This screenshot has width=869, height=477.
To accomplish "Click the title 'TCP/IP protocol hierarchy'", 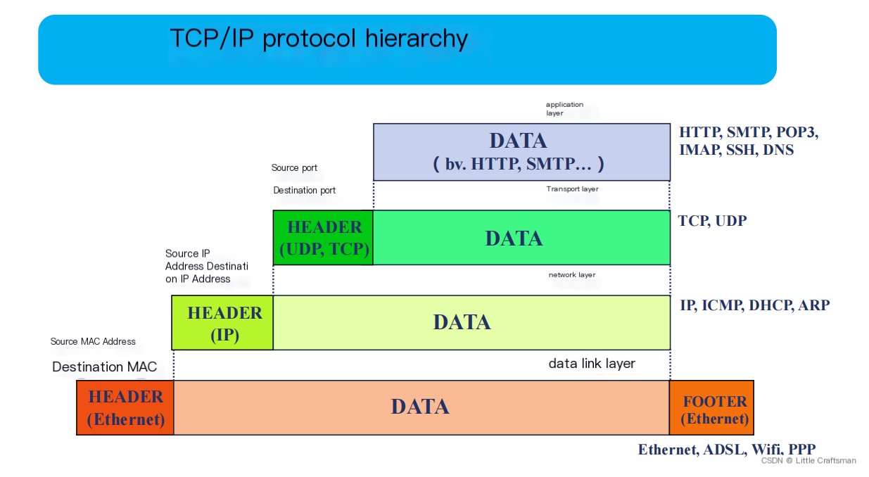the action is pos(319,39).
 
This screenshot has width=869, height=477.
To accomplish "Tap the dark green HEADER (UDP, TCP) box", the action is pos(323,238).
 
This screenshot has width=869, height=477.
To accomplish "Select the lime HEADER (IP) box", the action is pos(222,323).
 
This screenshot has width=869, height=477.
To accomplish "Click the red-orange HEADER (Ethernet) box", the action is pos(125,407).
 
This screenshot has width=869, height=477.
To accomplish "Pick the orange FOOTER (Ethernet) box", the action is pos(711,407).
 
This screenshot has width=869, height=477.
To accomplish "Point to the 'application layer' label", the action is pos(564,108).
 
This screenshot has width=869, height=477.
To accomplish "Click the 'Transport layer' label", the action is pos(572,189).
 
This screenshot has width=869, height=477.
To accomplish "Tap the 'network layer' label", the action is pos(572,274).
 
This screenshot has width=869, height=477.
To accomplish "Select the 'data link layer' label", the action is pos(592,363).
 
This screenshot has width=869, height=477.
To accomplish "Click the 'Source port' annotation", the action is pos(294,168).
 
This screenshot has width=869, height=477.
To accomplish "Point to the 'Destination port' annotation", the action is pos(304,191).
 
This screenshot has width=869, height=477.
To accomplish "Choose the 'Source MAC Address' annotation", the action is pos(93,341).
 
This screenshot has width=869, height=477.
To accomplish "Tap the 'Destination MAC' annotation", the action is pos(104,367).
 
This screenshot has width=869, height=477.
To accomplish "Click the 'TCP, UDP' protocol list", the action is pos(712,221).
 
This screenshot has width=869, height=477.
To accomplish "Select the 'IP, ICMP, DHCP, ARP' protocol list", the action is pos(754,305).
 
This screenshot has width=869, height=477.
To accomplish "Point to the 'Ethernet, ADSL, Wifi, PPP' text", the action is pos(727,450).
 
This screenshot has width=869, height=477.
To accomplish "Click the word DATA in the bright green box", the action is pos(514,238).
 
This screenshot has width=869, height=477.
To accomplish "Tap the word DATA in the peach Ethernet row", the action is pos(420,407).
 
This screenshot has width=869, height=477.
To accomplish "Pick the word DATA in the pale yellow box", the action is pos(462,322).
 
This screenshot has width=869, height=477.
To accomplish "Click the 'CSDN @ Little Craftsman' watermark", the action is pos(808,460).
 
